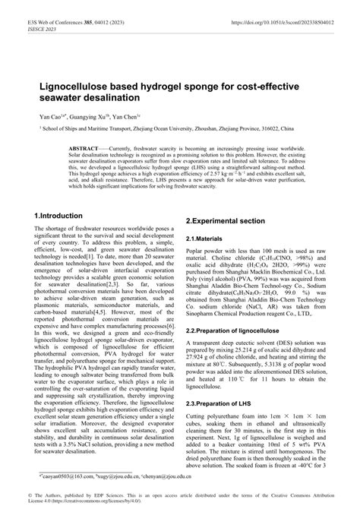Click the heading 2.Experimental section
[x=226, y=220]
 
